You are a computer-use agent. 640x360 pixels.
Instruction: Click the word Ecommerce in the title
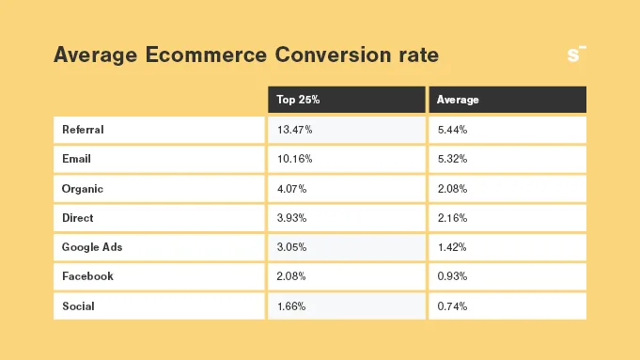click(206, 55)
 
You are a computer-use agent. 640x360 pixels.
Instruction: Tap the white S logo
click(576, 55)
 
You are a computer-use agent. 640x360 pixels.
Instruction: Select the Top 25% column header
click(298, 100)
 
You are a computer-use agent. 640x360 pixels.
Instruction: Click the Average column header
click(458, 100)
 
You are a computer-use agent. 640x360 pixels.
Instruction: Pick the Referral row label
click(83, 130)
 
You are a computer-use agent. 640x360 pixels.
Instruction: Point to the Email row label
click(76, 159)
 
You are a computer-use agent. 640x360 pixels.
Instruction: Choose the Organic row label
click(83, 189)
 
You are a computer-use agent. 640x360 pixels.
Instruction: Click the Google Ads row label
click(92, 247)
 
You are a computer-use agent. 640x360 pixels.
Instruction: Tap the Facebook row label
click(87, 276)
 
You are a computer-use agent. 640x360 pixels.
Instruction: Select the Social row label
click(78, 306)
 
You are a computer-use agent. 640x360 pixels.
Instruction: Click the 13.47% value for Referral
click(295, 130)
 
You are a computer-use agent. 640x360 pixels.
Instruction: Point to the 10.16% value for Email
click(295, 159)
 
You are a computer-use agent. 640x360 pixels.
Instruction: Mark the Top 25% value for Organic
click(292, 189)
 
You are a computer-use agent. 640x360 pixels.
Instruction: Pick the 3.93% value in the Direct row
click(291, 218)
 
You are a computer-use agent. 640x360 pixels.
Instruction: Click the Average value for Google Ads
click(452, 247)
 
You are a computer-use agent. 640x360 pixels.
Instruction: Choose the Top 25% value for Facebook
click(291, 276)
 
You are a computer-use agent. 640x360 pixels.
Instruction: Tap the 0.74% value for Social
click(452, 306)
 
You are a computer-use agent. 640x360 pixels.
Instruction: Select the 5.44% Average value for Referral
click(452, 130)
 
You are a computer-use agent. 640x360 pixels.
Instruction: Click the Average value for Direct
click(452, 218)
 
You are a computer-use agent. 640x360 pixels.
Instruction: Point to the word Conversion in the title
click(333, 55)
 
